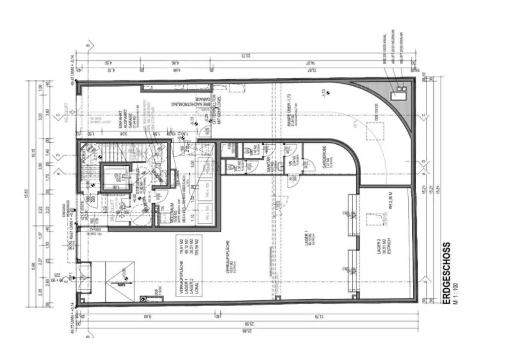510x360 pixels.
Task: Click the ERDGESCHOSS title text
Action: click(447, 273)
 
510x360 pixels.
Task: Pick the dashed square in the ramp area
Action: click(375, 131)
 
